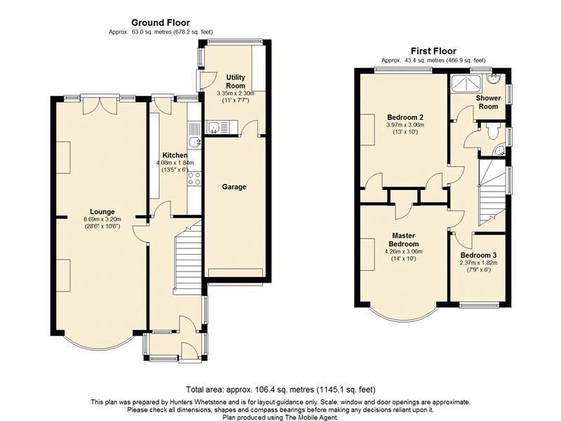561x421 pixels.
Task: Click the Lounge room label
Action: pos(102,212)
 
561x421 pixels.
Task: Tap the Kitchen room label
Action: pos(175,155)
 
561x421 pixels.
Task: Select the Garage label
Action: pos(234,187)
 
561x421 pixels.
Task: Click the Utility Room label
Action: pos(236,81)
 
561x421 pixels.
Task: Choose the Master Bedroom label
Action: pos(404,240)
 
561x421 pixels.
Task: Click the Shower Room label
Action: pos(488,102)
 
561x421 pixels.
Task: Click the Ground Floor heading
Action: pos(161,23)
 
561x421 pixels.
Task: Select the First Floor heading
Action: pos(433,51)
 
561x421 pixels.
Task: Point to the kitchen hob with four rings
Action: pos(195,179)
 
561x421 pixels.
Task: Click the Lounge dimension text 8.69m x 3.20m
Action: pos(102,220)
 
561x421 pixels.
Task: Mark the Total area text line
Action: pos(280,389)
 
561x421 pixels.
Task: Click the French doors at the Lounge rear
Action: pos(100,105)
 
